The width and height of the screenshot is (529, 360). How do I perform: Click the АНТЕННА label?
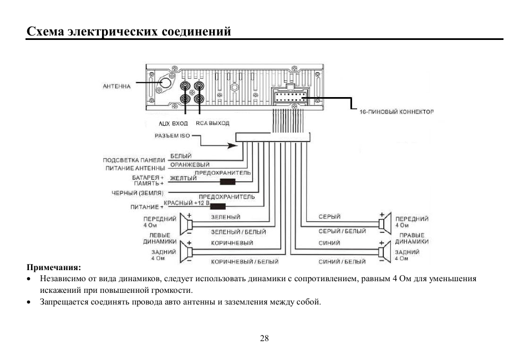pyautogui.click(x=117, y=87)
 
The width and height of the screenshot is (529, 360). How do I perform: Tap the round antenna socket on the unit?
pyautogui.click(x=165, y=83)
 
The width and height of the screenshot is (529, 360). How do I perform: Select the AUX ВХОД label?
pyautogui.click(x=173, y=124)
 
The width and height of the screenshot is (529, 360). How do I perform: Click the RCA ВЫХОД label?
pyautogui.click(x=212, y=123)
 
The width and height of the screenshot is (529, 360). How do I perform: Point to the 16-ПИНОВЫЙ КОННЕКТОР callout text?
pyautogui.click(x=397, y=111)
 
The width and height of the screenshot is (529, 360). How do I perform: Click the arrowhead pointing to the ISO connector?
pyautogui.click(x=233, y=145)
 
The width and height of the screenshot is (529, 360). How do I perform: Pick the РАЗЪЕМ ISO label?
pyautogui.click(x=172, y=136)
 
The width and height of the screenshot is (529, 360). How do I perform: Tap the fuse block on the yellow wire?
pyautogui.click(x=227, y=182)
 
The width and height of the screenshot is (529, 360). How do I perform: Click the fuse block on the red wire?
pyautogui.click(x=217, y=206)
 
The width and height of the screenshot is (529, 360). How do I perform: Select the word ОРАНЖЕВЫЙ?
pyautogui.click(x=190, y=165)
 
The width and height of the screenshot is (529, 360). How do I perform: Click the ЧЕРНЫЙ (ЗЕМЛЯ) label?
pyautogui.click(x=138, y=193)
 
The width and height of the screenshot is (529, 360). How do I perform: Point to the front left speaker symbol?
pyautogui.click(x=186, y=224)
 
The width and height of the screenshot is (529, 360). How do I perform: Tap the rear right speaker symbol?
pyautogui.click(x=385, y=252)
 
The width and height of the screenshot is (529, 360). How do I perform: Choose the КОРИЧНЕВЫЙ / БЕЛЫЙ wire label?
pyautogui.click(x=245, y=261)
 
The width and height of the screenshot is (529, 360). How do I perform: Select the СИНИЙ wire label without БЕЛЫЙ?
pyautogui.click(x=329, y=243)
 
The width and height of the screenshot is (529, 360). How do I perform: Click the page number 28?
pyautogui.click(x=264, y=338)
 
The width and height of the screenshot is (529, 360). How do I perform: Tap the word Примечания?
pyautogui.click(x=54, y=267)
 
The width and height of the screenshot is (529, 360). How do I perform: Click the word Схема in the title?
pyautogui.click(x=45, y=32)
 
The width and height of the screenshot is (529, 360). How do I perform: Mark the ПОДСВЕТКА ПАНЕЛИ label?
pyautogui.click(x=134, y=160)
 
